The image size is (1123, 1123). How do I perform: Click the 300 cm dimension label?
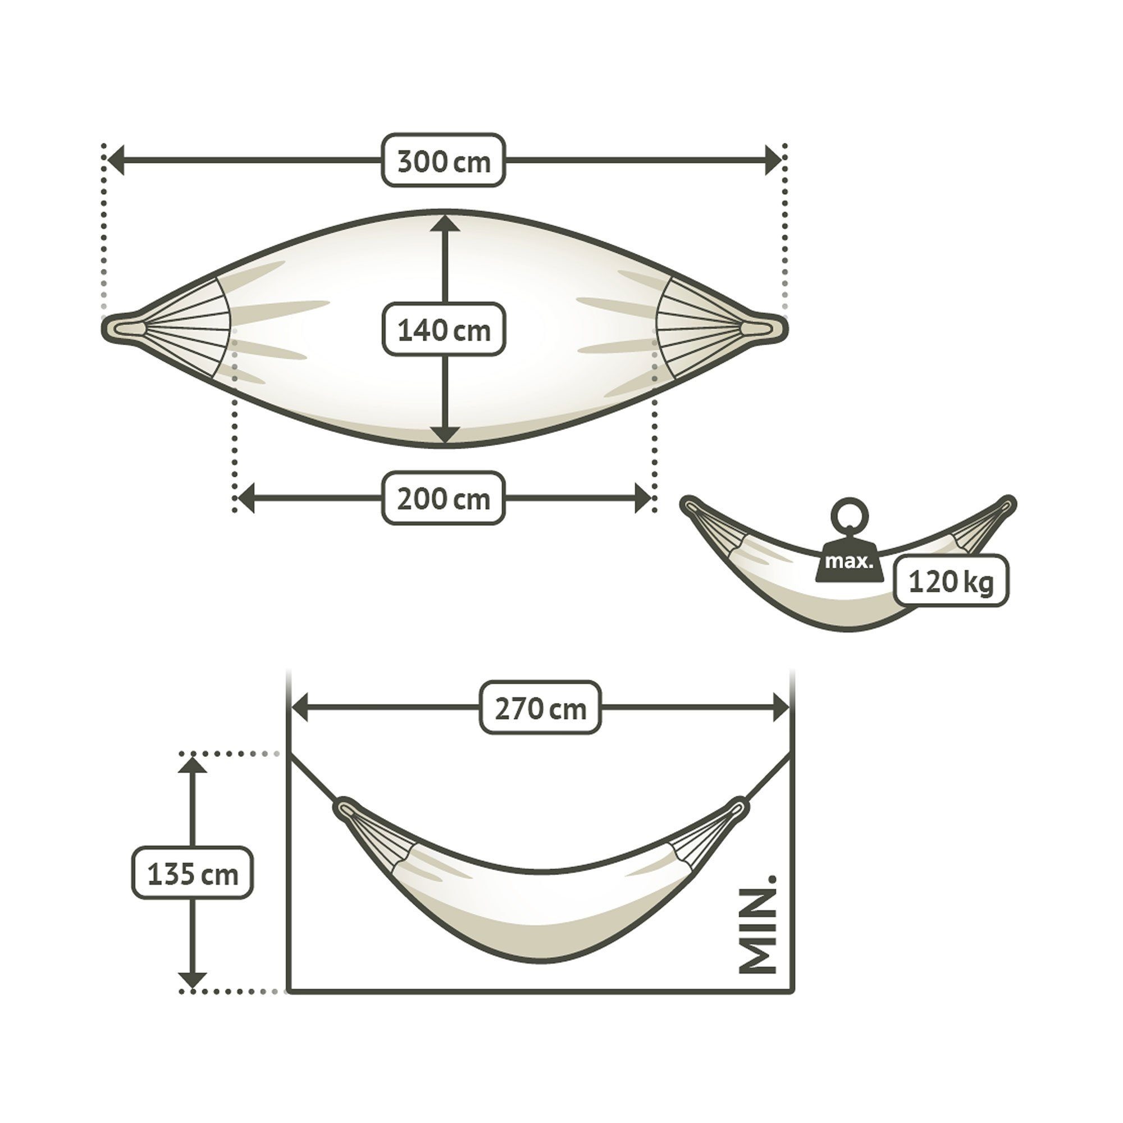tap(444, 161)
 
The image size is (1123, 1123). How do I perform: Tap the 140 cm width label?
tap(444, 329)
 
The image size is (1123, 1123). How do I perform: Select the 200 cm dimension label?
tap(444, 497)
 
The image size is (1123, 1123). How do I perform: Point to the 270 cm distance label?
tap(541, 707)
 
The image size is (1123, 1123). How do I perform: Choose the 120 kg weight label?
tap(951, 581)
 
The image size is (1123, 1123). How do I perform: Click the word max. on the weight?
tap(848, 562)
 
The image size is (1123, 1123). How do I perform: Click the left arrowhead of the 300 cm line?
tap(116, 161)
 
